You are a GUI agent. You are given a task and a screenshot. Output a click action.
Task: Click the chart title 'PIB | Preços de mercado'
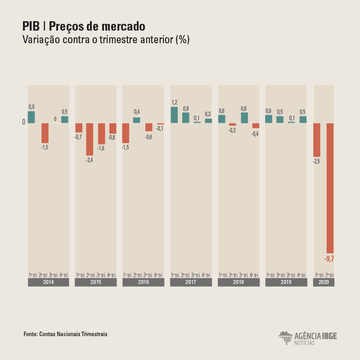coord(84,26)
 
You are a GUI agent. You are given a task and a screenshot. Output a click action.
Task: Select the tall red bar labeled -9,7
coord(330,188)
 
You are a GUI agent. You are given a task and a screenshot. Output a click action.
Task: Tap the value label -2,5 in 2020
coord(316,162)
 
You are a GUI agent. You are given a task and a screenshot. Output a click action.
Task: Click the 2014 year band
coord(48,282)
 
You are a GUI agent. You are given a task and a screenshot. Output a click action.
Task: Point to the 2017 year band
coord(191,282)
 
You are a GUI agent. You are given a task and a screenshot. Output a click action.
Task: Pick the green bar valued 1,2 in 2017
coord(174,115)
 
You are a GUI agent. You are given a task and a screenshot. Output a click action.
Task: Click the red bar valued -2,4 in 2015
coord(90,139)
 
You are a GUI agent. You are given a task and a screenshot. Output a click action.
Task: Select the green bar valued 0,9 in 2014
coord(31,117)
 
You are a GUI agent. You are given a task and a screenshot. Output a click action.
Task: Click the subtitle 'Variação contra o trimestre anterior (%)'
coord(106,40)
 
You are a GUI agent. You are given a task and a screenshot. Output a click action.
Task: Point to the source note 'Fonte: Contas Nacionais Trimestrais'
coord(66,334)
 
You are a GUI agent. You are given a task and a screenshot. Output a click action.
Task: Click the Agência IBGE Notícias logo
coord(307,338)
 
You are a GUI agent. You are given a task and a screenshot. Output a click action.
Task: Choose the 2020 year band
coord(324,282)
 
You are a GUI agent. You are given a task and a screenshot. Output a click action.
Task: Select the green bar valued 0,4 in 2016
coord(136,120)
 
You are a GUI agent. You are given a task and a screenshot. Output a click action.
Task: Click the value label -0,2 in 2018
coord(232,130)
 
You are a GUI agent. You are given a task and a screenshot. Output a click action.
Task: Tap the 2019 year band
coord(286,282)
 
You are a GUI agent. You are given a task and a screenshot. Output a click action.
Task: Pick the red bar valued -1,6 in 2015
coord(101,134)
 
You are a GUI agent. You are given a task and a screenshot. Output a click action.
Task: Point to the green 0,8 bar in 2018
coord(244,117)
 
